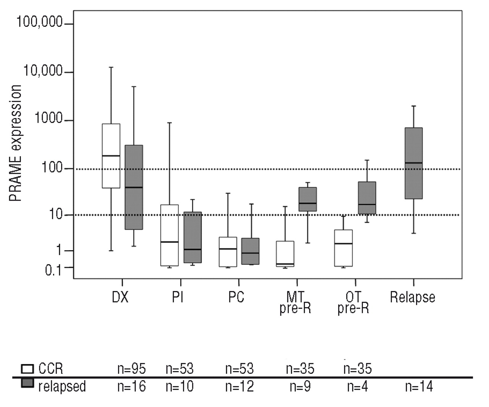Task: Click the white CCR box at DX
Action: click(111, 156)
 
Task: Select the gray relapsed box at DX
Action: click(134, 187)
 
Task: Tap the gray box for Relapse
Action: click(413, 163)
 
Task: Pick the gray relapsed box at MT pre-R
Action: click(308, 199)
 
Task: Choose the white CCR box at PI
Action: click(169, 235)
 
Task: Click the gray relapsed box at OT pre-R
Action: click(367, 198)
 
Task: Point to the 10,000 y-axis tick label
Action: click(43, 71)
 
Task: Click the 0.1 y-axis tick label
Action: click(53, 270)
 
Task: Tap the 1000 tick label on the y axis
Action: click(48, 119)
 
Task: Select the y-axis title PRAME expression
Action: click(15, 143)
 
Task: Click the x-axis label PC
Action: click(236, 297)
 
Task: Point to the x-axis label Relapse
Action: click(412, 297)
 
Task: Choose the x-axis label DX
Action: click(120, 297)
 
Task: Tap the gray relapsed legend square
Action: click(27, 383)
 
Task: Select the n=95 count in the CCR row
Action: click(131, 369)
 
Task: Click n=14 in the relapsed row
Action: click(419, 387)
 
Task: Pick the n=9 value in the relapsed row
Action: click(300, 387)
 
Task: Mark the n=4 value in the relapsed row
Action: click(357, 387)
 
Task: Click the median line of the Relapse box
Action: click(413, 163)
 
